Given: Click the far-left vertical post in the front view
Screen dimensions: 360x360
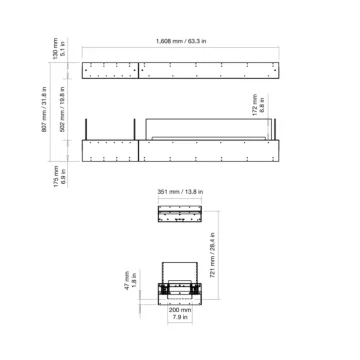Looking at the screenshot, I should click(x=88, y=127).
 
